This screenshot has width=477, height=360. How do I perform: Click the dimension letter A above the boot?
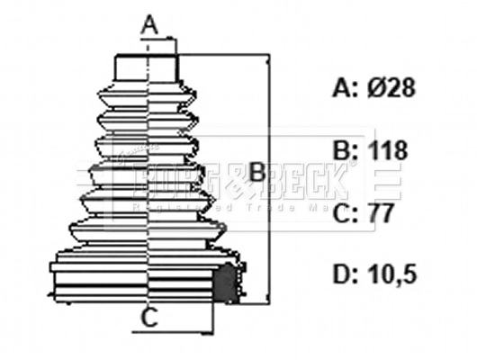click(149, 24)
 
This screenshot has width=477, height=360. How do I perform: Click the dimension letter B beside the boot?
click(256, 171)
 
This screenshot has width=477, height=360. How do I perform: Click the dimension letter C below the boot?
click(151, 316)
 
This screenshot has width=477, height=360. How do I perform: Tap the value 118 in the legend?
click(388, 149)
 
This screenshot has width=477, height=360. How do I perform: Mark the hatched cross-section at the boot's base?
click(229, 282)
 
